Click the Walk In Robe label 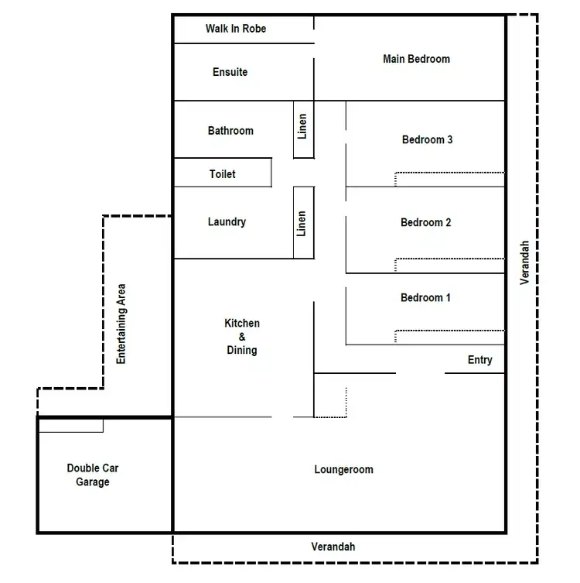tap(236, 29)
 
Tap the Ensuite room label tap(230, 72)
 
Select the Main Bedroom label tap(416, 59)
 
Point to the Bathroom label tap(230, 131)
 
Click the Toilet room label tap(223, 174)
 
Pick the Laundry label tap(227, 222)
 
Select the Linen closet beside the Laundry tap(303, 223)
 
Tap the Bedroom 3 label tap(427, 140)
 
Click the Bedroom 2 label tap(426, 223)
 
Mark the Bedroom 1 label tap(425, 298)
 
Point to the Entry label tap(479, 360)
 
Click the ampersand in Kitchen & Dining tap(241, 337)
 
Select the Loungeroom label tap(343, 470)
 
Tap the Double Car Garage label tap(93, 475)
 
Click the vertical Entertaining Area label tap(121, 324)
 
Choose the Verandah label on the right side tap(525, 262)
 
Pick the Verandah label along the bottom tap(333, 547)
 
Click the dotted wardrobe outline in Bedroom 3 tap(449, 173)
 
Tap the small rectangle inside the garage tap(70, 425)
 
